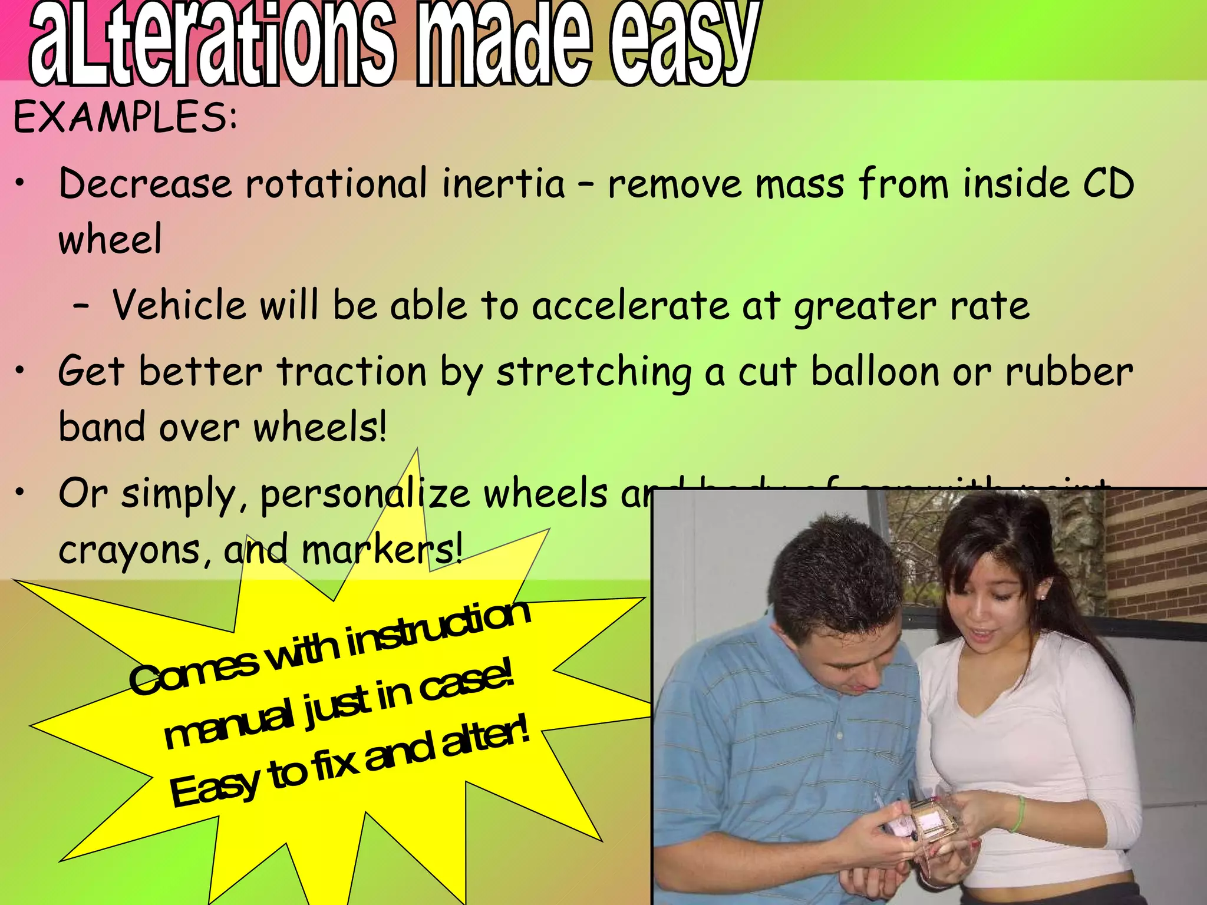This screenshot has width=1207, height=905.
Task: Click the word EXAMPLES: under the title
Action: click(x=125, y=117)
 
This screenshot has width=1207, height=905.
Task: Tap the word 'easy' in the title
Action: click(x=684, y=44)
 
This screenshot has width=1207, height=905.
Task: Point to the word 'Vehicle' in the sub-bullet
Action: click(x=179, y=305)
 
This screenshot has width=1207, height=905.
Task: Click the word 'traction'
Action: click(x=352, y=372)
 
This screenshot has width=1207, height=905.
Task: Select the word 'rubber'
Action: click(x=1069, y=372)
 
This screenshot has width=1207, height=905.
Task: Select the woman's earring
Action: click(x=1042, y=596)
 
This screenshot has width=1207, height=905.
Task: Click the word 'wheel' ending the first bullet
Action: click(x=110, y=240)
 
